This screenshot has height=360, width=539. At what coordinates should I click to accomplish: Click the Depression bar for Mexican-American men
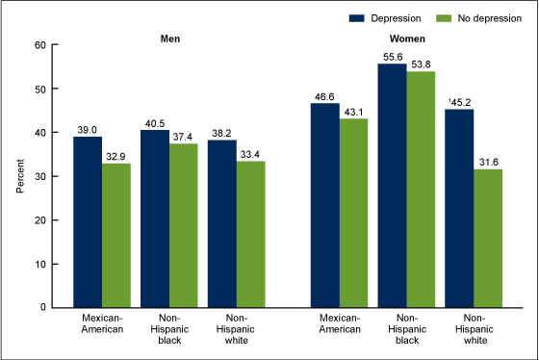88,221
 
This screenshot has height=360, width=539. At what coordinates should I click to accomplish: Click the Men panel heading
172,39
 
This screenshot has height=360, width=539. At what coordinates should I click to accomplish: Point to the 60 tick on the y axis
39,44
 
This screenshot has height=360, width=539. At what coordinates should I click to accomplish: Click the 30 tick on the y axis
39,176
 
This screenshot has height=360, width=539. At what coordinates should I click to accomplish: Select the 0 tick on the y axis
42,307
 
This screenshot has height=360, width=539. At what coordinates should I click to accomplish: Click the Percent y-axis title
20,176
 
